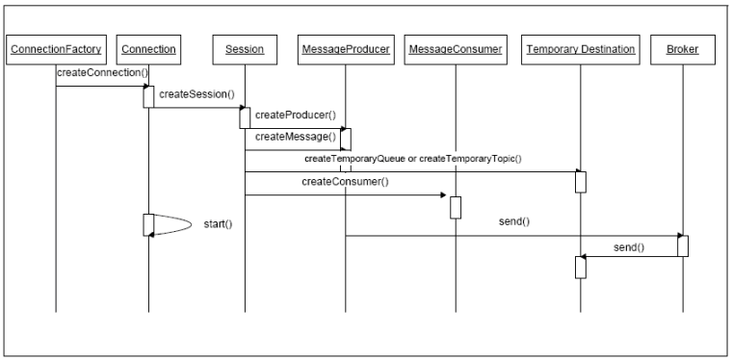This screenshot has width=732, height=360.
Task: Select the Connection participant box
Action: point(149,47)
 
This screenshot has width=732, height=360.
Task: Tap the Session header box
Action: point(246,47)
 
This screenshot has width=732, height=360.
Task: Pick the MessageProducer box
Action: point(345,47)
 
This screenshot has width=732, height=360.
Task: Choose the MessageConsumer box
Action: point(456,47)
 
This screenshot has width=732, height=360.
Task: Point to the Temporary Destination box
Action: point(581,47)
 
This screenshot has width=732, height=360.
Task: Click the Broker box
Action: point(683,47)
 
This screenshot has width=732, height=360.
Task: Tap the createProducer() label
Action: point(295,116)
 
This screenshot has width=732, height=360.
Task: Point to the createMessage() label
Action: point(295,137)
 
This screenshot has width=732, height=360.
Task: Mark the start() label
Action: point(219,224)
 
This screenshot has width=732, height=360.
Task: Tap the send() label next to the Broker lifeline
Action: point(629,247)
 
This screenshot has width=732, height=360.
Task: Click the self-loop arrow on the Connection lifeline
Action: point(173,223)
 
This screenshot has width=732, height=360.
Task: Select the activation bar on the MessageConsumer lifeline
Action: point(456,207)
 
